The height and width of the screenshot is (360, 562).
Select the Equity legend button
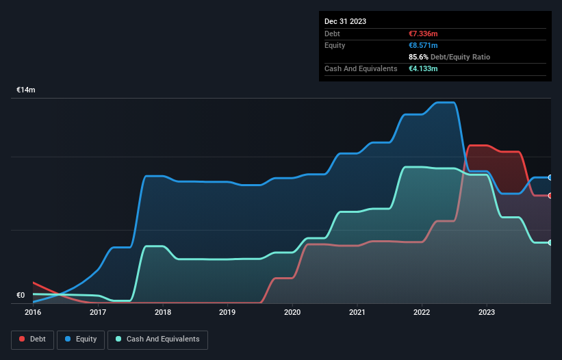coord(81,339)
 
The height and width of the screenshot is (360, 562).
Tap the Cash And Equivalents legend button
coord(157,339)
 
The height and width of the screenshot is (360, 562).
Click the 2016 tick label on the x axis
coord(33,312)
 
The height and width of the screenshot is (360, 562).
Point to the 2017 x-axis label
coord(98,312)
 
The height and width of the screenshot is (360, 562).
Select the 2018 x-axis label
coord(163,312)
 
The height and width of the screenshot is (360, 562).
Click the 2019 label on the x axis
coord(227,312)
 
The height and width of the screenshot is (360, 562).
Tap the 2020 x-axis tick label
coord(292,312)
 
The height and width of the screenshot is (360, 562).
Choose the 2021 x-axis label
coord(357,312)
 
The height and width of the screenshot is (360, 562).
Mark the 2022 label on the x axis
coord(422,312)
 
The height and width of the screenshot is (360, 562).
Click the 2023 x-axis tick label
coord(487,312)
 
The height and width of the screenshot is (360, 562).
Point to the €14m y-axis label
coord(26,90)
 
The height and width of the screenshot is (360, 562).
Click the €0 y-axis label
coord(21,296)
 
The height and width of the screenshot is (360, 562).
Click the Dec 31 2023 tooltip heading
coord(345,21)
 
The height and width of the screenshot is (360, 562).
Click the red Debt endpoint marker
coord(550,196)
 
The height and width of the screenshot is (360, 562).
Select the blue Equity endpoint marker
coord(550,177)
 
